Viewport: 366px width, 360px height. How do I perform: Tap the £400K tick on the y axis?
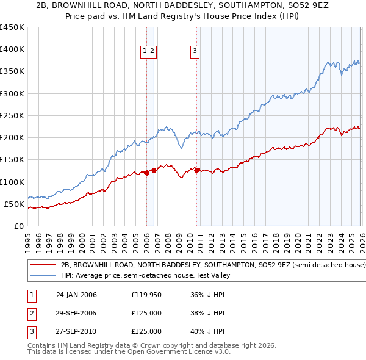[x=12, y=49]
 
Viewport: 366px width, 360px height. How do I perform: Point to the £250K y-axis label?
[x=12, y=115]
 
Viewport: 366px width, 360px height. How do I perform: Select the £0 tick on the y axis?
[x=18, y=226]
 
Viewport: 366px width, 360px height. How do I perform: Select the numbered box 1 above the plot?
[x=145, y=52]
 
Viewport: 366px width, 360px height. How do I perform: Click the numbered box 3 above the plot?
[x=195, y=52]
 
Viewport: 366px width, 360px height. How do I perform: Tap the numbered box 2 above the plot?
[x=152, y=52]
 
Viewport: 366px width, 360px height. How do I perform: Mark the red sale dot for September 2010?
[x=196, y=170]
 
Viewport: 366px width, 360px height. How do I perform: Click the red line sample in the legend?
[x=43, y=265]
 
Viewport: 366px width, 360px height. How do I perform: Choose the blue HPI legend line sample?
[x=43, y=276]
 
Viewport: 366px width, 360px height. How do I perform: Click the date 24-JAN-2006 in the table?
[x=76, y=295]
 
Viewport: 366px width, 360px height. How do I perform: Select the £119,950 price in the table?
[x=146, y=295]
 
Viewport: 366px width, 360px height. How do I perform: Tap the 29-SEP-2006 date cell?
[x=76, y=313]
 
